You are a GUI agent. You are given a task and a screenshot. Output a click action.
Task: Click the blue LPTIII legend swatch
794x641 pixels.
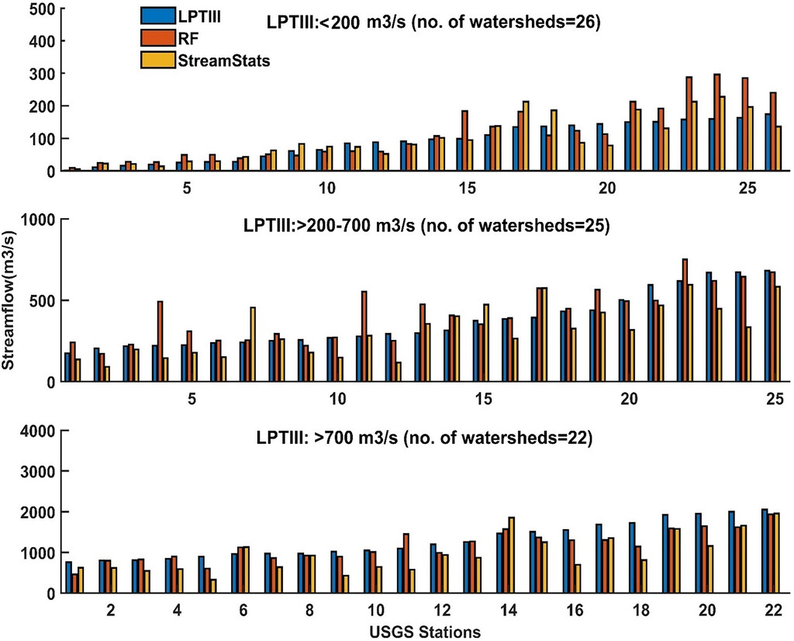[157, 16]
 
